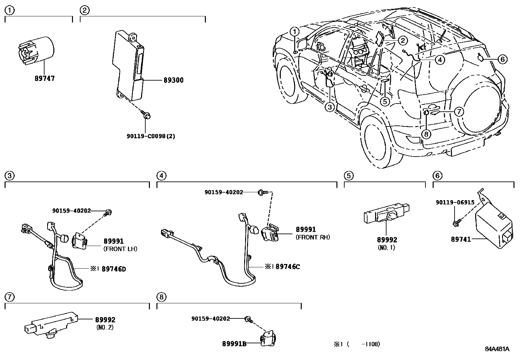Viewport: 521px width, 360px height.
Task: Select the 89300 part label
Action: click(x=173, y=80)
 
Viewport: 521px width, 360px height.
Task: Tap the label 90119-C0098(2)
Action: click(x=151, y=136)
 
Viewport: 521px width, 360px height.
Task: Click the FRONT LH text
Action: click(x=120, y=249)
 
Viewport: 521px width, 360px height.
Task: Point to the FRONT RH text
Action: click(x=313, y=237)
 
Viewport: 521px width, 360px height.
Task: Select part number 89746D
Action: click(x=114, y=269)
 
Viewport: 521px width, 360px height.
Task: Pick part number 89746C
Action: click(x=288, y=267)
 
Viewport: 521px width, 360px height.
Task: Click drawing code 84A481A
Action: click(x=497, y=349)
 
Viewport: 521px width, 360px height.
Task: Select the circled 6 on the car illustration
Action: click(x=502, y=59)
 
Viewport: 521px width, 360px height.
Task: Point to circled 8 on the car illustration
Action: click(x=426, y=134)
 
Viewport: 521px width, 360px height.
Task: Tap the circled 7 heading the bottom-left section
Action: click(x=10, y=297)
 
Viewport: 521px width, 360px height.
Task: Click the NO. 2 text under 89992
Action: click(x=105, y=327)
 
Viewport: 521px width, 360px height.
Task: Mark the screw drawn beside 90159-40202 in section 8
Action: click(x=249, y=319)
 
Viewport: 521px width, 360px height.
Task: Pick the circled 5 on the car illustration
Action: click(x=385, y=102)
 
